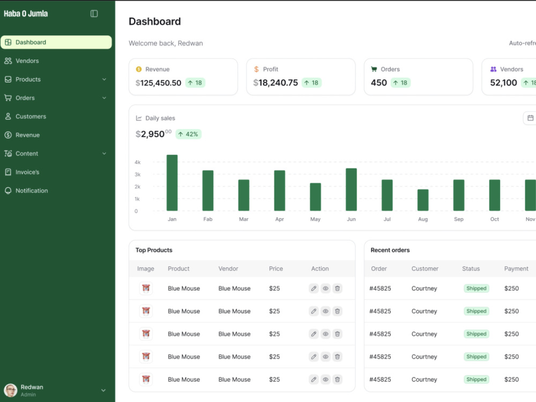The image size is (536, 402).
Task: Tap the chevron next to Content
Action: point(104,153)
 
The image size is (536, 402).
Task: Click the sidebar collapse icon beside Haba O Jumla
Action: point(94,14)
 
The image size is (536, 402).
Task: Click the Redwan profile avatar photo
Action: point(11,390)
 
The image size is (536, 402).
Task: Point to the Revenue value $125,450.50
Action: point(158,83)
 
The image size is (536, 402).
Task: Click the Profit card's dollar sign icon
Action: point(256,69)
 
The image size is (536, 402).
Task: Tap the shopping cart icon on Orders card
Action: point(374,69)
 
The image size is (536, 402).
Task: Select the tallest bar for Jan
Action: point(172,183)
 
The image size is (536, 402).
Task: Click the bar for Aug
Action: point(423,200)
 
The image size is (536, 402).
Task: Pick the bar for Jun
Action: point(351,189)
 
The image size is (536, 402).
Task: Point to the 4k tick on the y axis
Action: point(137,162)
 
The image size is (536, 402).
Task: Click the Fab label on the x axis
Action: point(208,219)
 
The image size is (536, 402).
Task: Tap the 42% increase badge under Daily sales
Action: point(188,134)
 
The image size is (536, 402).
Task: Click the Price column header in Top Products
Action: point(276,269)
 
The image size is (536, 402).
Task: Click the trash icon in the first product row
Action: point(337,288)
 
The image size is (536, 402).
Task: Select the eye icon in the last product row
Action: point(325,379)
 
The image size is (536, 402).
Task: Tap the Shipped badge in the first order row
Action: point(476,288)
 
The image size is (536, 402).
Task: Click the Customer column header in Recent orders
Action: point(425,269)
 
